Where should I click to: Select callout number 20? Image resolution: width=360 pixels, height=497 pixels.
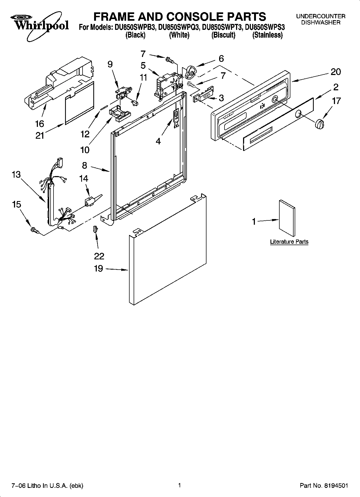point(336,72)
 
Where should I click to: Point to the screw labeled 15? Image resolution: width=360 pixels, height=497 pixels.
point(35,230)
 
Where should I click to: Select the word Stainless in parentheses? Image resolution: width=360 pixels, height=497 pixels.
point(268,35)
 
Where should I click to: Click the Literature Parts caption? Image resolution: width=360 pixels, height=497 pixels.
point(289,242)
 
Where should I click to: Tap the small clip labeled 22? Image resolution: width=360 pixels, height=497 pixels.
point(95,229)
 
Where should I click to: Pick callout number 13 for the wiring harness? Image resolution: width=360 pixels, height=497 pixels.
point(16,174)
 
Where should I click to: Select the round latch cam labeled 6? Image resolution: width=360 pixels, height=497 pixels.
point(191,71)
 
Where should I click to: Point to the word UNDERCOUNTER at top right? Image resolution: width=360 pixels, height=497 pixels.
point(320,17)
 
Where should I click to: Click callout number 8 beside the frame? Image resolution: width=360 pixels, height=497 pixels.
point(85,165)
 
